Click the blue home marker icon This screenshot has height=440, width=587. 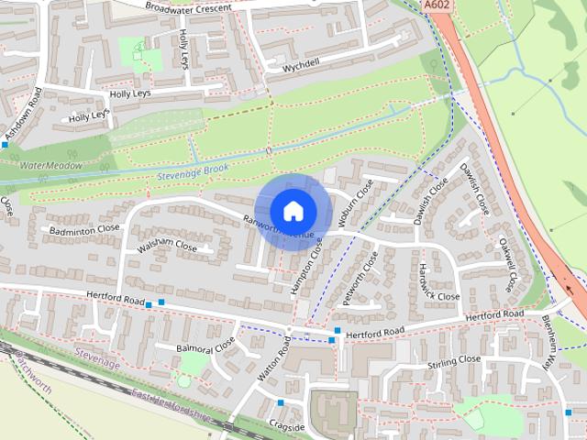click(x=293, y=211)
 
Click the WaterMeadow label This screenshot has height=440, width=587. click(x=51, y=166)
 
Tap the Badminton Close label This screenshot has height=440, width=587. click(x=84, y=229)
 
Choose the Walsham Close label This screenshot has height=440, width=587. click(x=167, y=247)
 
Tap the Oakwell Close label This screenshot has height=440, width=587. click(x=506, y=264)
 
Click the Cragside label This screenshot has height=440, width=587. click(x=287, y=427)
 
